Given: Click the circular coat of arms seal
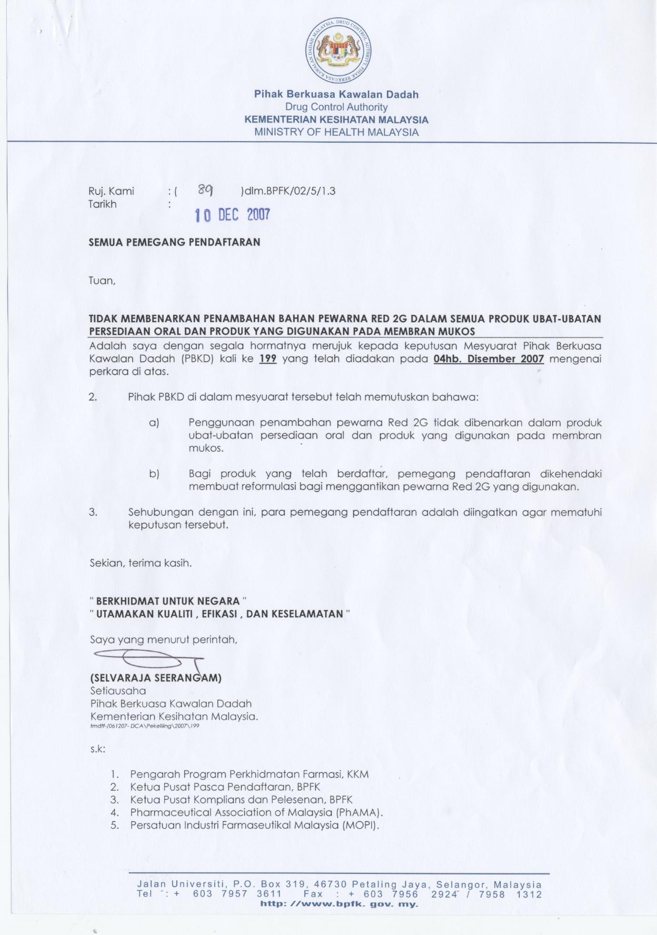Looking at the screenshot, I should point(339,51).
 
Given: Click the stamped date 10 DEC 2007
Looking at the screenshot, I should point(232,215).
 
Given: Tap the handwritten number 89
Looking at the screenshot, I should point(205,190).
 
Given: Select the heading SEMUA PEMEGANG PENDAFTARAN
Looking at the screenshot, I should point(174,243).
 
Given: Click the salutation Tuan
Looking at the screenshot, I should point(102,281).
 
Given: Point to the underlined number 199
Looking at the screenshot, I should point(268,359).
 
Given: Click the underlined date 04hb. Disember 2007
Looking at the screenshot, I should point(489,359).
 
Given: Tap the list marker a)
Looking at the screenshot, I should point(154,423).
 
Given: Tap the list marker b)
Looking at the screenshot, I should point(154,474).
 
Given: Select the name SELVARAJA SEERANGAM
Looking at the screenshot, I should point(156,678).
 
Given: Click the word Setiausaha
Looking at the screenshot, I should point(118,691).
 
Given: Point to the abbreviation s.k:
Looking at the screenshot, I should point(97,749).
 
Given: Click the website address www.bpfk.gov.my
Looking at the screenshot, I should point(340,904).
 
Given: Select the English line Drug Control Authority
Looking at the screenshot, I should point(336,107).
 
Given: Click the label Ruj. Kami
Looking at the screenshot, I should point(111,191).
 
